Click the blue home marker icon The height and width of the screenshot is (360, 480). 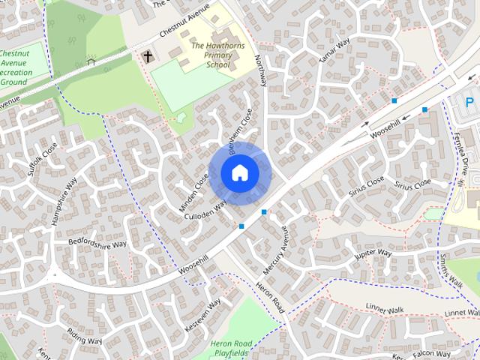pyautogui.click(x=240, y=173)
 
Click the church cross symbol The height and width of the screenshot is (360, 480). pyautogui.click(x=148, y=56)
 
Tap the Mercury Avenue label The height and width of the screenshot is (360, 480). pyautogui.click(x=276, y=250)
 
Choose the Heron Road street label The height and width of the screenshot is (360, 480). pyautogui.click(x=271, y=296)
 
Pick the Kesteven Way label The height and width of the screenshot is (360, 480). pyautogui.click(x=202, y=316)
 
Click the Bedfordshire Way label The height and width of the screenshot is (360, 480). pyautogui.click(x=97, y=243)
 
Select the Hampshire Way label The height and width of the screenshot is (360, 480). pyautogui.click(x=63, y=200)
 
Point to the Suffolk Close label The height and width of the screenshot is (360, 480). pyautogui.click(x=42, y=158)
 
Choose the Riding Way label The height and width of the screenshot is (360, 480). pyautogui.click(x=84, y=336)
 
